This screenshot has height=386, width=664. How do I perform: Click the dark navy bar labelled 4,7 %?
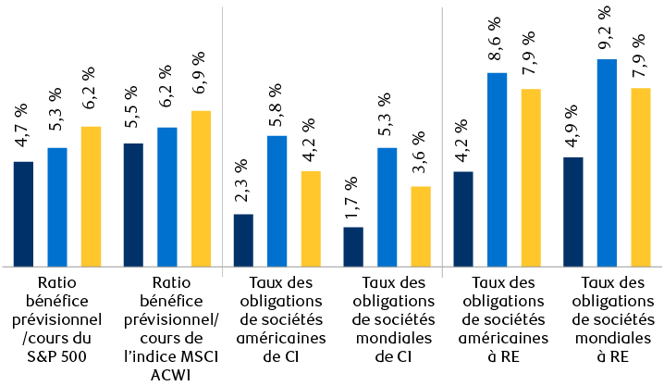(23, 214)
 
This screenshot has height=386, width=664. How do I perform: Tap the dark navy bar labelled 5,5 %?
(133, 205)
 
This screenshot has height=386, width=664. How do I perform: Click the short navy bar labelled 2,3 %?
(243, 240)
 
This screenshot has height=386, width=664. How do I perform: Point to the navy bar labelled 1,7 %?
(353, 246)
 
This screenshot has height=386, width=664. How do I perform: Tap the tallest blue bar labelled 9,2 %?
(607, 163)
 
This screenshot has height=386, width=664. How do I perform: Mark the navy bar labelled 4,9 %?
(573, 212)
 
